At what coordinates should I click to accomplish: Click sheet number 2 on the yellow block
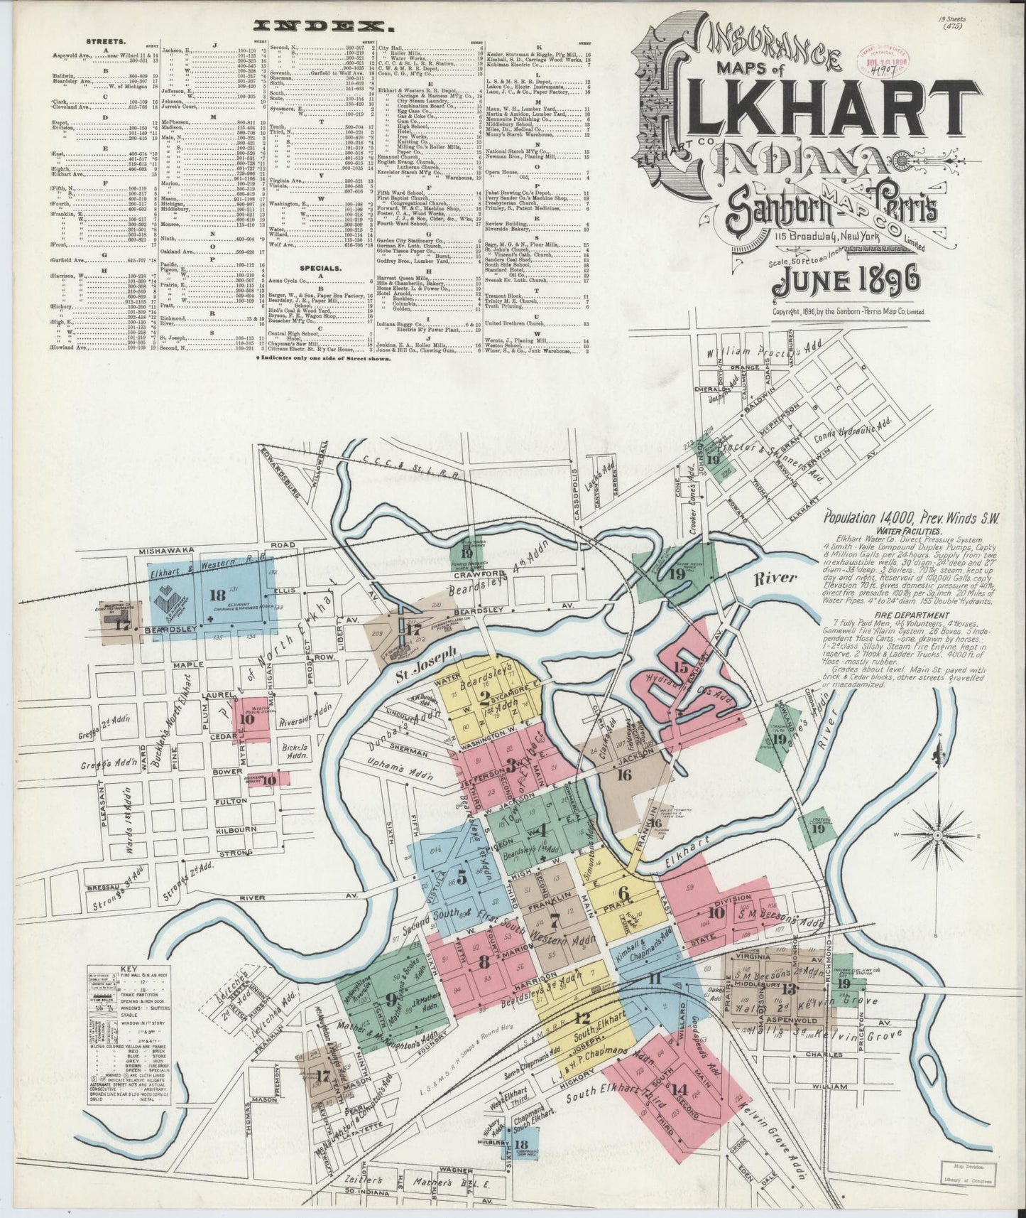click(x=486, y=696)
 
